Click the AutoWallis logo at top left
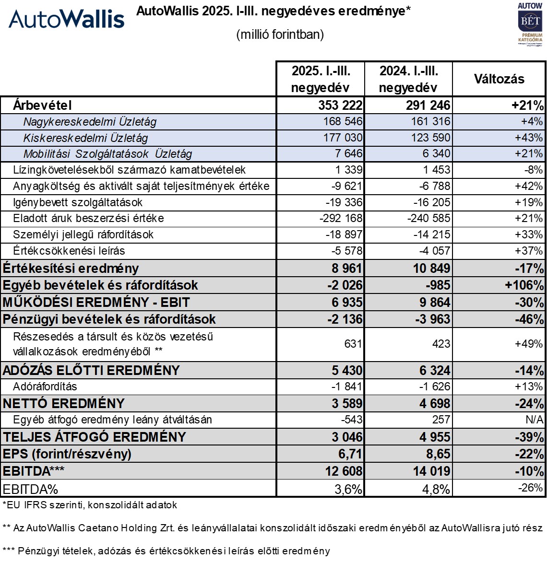(x=67, y=19)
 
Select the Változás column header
(x=499, y=79)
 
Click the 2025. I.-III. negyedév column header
(x=321, y=79)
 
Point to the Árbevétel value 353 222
(x=340, y=105)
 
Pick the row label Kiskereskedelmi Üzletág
(x=85, y=138)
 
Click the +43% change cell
(x=529, y=138)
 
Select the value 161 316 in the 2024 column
(x=430, y=122)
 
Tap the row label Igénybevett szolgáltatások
(x=78, y=202)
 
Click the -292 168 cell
(x=341, y=219)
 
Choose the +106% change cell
(x=524, y=285)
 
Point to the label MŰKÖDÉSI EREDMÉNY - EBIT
(x=96, y=303)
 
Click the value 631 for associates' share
(x=353, y=344)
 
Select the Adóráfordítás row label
(x=45, y=386)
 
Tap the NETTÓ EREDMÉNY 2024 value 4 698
(x=435, y=403)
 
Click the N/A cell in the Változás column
(x=534, y=420)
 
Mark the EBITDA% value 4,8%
(x=436, y=489)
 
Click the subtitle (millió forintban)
(x=280, y=35)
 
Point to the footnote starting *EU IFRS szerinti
(x=90, y=505)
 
